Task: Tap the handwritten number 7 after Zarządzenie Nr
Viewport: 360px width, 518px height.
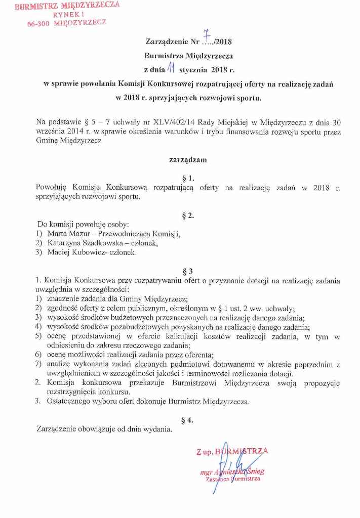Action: tap(206, 34)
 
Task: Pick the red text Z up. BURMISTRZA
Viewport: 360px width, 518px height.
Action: tap(232, 451)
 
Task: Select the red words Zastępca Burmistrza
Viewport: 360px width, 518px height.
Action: tap(232, 479)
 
